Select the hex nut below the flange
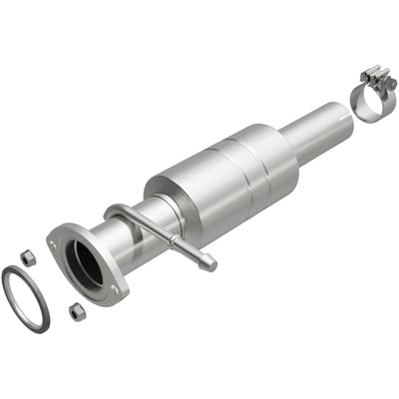point(76,312)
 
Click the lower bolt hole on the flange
point(118,290)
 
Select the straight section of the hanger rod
point(165,240)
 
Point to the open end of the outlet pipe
point(338,116)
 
